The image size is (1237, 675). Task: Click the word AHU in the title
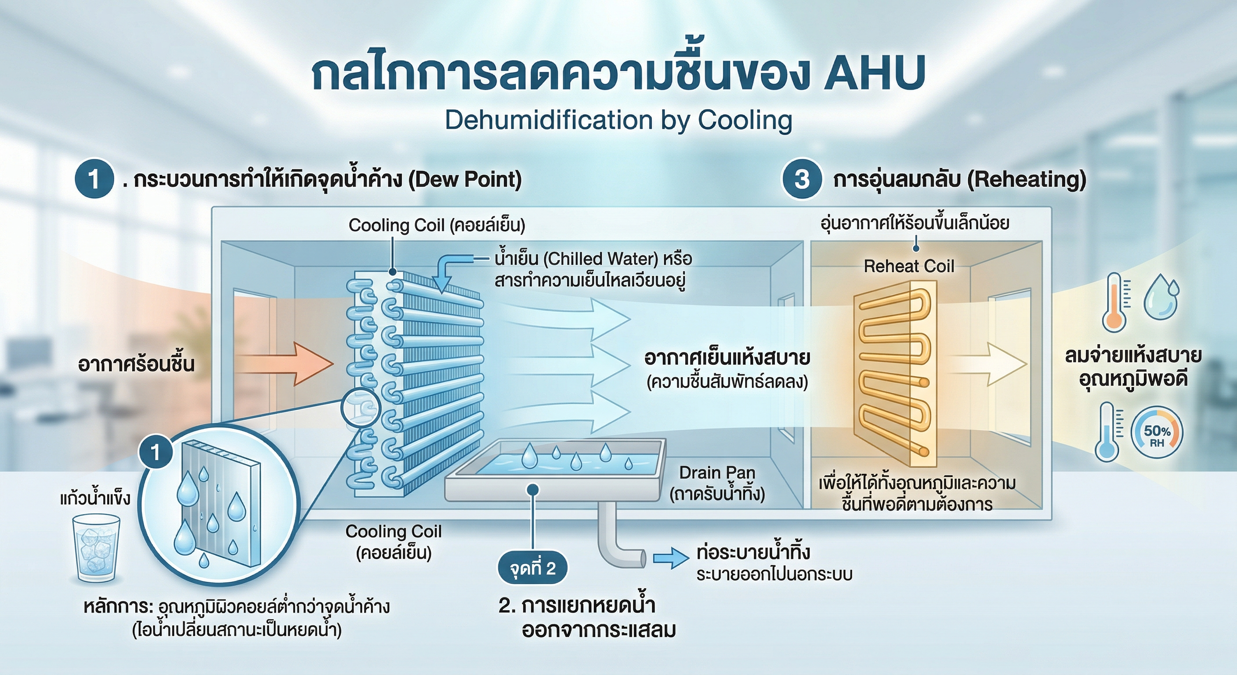(875, 73)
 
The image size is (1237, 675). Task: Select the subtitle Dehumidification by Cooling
(618, 120)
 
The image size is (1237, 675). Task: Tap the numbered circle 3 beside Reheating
(801, 179)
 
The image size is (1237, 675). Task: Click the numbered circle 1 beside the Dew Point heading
(94, 179)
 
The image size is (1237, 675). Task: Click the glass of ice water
(96, 548)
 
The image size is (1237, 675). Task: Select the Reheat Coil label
(908, 266)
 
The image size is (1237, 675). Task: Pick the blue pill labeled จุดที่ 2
(532, 568)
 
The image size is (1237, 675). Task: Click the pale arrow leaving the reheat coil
(989, 364)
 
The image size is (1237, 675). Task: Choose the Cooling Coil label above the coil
(437, 225)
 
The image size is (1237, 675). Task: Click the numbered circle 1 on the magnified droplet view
(155, 452)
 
